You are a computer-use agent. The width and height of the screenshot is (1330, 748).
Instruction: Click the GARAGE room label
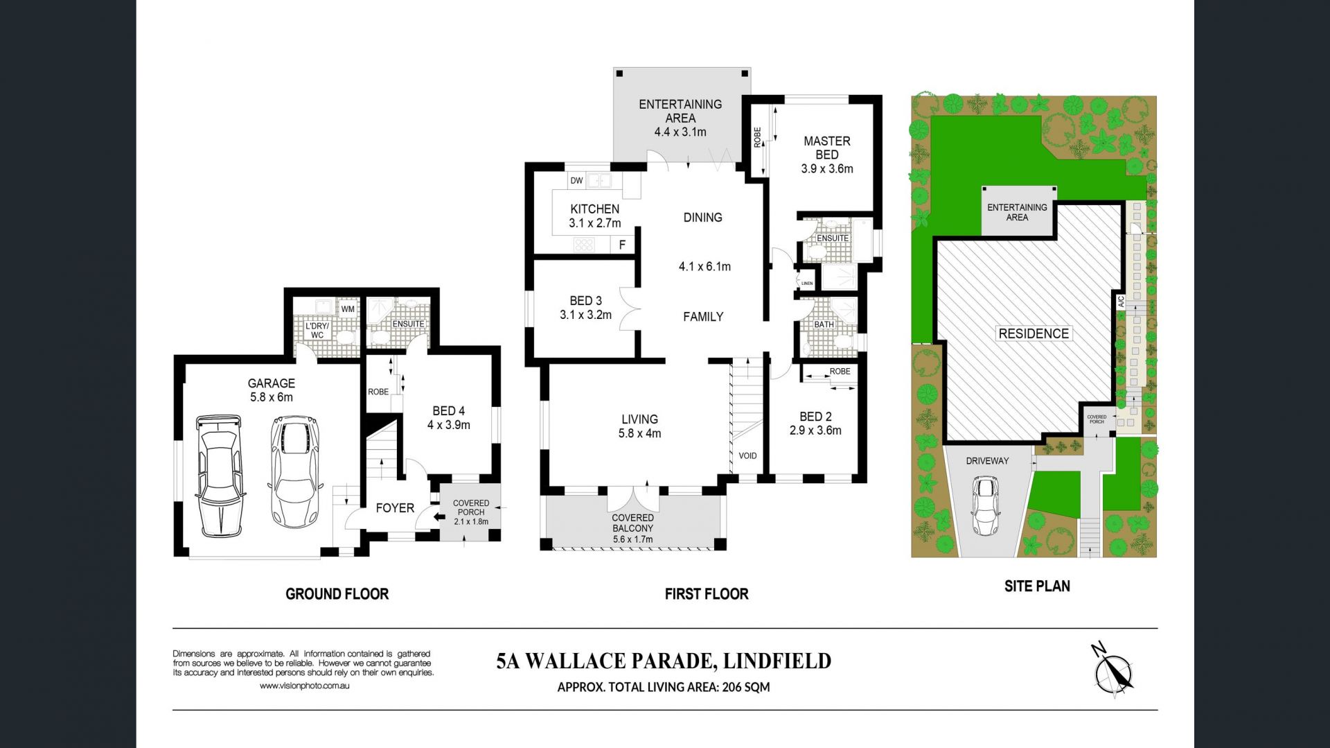click(272, 383)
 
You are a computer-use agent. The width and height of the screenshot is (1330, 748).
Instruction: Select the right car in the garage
click(296, 472)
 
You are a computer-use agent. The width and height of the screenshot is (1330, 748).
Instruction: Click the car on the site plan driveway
click(985, 505)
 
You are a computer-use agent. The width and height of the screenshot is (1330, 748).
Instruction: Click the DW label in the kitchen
click(576, 181)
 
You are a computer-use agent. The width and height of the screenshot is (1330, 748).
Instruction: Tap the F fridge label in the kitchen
click(622, 245)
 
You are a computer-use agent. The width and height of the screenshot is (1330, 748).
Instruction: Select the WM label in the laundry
click(348, 309)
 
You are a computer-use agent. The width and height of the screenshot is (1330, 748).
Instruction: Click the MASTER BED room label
click(827, 148)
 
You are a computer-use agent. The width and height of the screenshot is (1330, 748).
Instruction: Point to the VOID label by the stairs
click(747, 455)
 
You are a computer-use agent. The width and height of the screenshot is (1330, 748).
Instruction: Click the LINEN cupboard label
click(807, 284)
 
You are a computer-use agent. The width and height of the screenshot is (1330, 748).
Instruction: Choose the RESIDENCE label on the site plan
click(1034, 333)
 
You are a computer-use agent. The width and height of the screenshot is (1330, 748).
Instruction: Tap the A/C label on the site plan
click(1121, 302)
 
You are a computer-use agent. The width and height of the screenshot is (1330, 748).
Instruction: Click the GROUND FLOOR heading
click(337, 594)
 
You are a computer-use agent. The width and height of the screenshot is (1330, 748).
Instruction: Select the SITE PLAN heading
click(1037, 586)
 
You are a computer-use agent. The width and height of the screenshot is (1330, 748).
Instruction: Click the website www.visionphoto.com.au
click(305, 686)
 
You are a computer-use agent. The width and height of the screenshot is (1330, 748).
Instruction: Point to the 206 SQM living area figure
click(746, 688)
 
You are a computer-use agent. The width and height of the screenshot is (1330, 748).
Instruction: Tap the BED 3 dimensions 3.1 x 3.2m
click(586, 315)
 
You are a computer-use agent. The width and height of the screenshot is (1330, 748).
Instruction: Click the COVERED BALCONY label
click(632, 523)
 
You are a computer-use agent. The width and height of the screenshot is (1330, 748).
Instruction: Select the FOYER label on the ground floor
click(395, 508)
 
